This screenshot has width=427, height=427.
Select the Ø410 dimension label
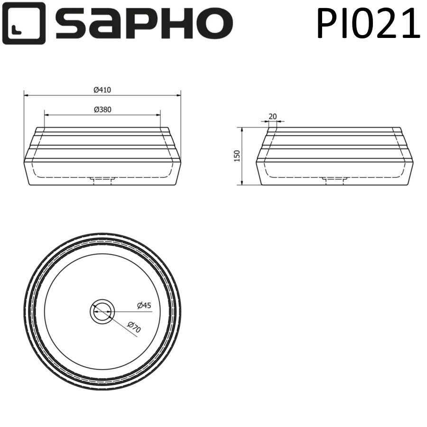102,90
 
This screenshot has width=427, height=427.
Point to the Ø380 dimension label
102,109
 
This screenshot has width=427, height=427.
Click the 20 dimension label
272,116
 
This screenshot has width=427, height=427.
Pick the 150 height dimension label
237,156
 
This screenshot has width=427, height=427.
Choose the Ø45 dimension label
144,306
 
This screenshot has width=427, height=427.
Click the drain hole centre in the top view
102,312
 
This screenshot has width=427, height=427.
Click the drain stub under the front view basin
102,180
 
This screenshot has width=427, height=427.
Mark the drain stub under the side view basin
335,180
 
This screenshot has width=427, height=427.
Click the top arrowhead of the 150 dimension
242,130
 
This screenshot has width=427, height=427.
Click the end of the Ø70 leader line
137,337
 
